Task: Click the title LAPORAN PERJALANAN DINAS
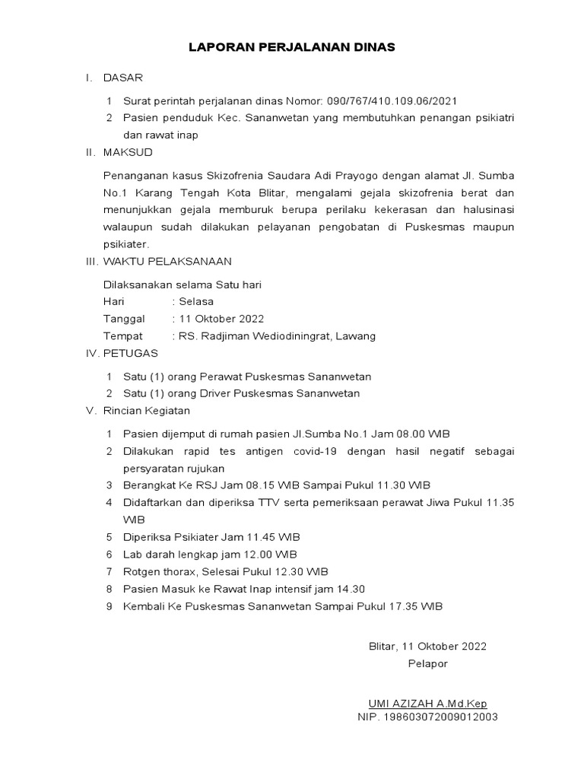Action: pyautogui.click(x=292, y=48)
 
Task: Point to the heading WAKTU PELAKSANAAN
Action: pyautogui.click(x=168, y=261)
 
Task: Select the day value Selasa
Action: pyautogui.click(x=196, y=300)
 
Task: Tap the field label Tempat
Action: pyautogui.click(x=122, y=336)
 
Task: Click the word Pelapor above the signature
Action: pyautogui.click(x=427, y=663)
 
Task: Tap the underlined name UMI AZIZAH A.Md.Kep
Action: pyautogui.click(x=427, y=703)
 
